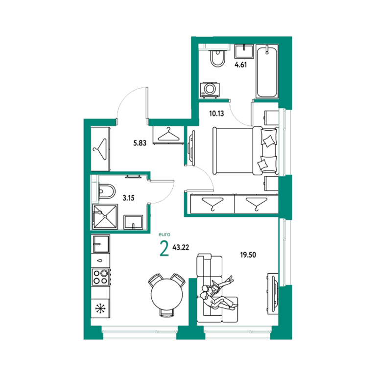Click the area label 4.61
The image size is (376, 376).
pos(240,65)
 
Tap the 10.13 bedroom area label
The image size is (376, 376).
pos(216,114)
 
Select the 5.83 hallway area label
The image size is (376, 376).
pos(140,143)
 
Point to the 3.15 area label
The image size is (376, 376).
pos(128,198)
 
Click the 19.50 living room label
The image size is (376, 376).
pos(248,255)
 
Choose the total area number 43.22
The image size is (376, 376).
pos(181,247)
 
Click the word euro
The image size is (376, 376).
pos(164,235)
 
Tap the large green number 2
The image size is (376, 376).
pos(164,249)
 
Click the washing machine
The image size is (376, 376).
pos(210,90)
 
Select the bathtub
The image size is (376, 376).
pos(267,71)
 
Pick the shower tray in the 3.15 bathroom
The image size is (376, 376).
pos(105,216)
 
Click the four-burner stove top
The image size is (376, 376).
pos(101,277)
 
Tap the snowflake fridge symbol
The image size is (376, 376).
pos(100,308)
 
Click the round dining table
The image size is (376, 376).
pos(166,294)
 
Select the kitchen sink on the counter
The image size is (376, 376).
pos(101,244)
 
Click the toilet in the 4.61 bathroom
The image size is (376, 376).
pos(217,58)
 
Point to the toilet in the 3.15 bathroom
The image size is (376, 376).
pos(106,191)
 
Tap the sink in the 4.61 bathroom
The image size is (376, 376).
pos(244,51)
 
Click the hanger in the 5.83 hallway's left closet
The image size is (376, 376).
pos(100,149)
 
